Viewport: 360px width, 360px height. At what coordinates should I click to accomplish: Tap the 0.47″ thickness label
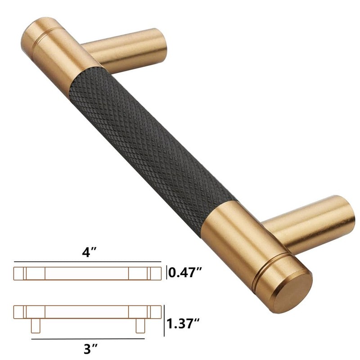click(184, 273)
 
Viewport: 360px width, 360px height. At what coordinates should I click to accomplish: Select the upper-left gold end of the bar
click(49, 49)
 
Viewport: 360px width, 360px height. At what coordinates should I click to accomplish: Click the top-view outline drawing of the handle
click(87, 273)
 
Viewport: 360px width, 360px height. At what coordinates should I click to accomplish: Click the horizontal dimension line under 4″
click(87, 261)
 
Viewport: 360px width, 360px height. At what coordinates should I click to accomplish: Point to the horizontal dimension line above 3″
click(87, 338)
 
